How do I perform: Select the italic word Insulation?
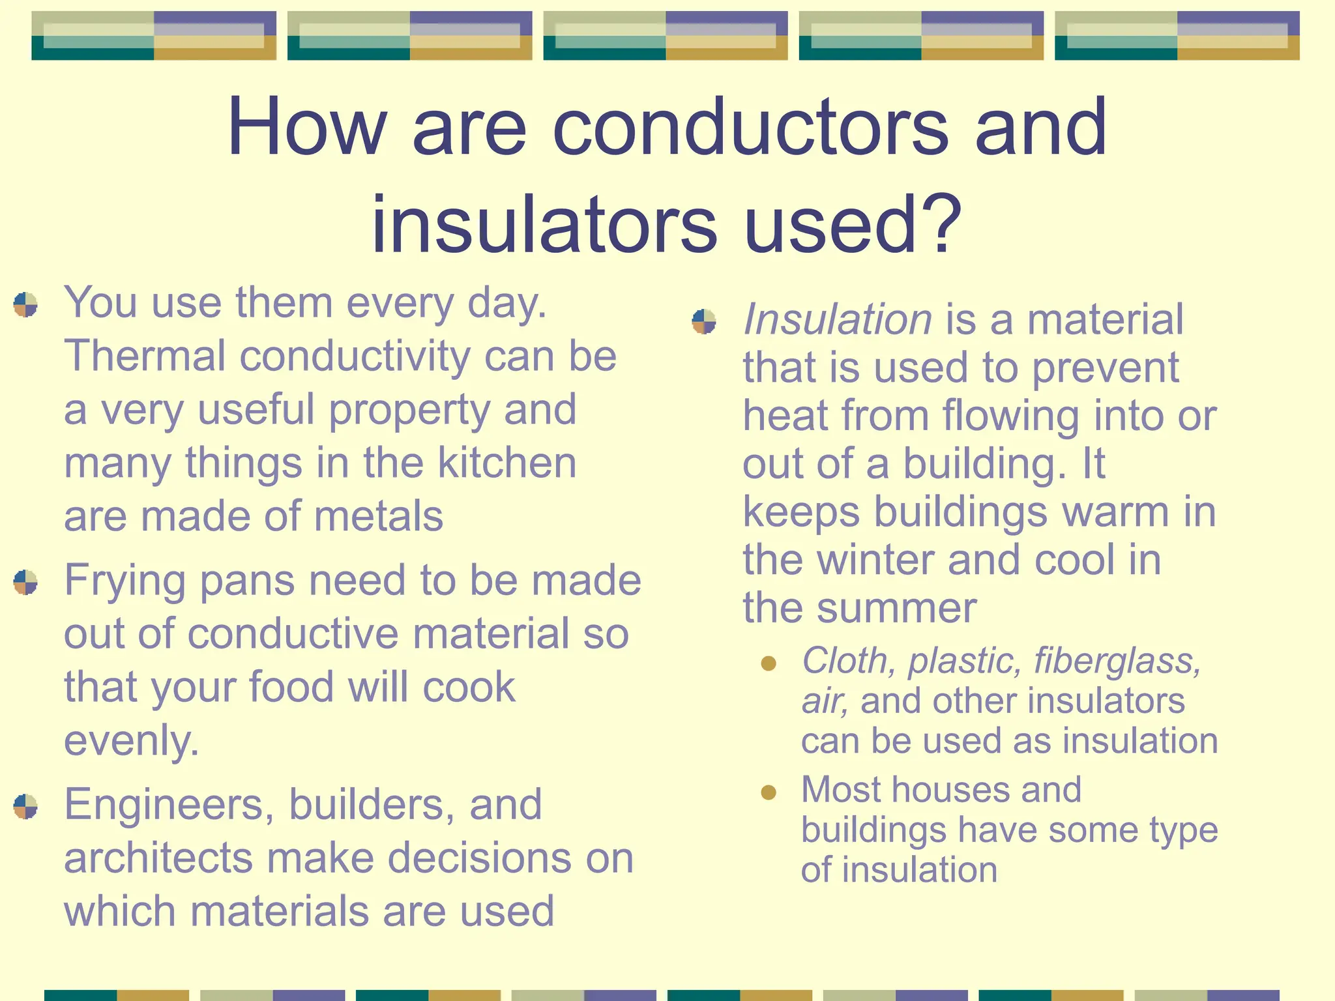[x=838, y=319]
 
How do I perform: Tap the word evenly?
[x=131, y=741]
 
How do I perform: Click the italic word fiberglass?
[x=1117, y=661]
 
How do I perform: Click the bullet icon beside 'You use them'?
[x=25, y=305]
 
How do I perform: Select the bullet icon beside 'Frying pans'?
[x=25, y=583]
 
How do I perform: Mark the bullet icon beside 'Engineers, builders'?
[x=25, y=807]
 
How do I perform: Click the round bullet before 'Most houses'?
[x=769, y=792]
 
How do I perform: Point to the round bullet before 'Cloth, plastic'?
[x=769, y=663]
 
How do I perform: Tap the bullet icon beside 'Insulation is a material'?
[x=704, y=321]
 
